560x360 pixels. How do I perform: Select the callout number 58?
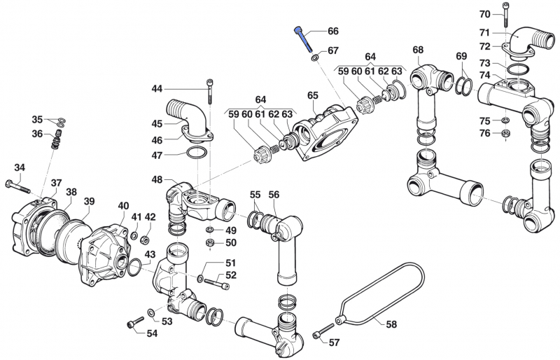pos(391,324)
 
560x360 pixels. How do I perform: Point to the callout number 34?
pos(20,167)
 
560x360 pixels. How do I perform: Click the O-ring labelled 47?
pos(197,154)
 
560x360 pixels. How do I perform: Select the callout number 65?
pos(312,95)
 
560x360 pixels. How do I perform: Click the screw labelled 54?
pos(134,324)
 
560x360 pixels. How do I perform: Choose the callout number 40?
pos(123,205)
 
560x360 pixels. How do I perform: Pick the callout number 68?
pos(418,50)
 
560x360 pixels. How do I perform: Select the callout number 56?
pos(274,195)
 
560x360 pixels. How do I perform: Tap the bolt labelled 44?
pos(209,90)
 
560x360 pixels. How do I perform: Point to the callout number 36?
pos(37,134)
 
